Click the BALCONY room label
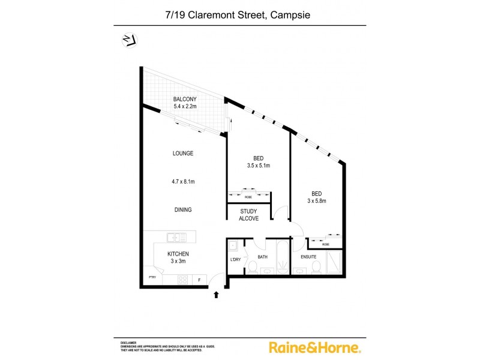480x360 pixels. click(x=185, y=99)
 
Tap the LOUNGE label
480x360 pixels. click(x=183, y=153)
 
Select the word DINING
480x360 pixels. click(x=183, y=210)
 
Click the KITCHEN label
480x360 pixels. click(x=178, y=254)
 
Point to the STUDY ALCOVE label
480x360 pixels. click(x=249, y=215)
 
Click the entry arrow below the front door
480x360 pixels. click(x=217, y=295)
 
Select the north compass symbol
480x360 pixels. click(x=128, y=40)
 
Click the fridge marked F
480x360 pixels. click(x=199, y=280)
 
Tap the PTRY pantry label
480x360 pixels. click(x=153, y=277)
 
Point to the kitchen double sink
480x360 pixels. click(x=176, y=237)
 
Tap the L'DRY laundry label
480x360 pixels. click(x=235, y=260)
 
